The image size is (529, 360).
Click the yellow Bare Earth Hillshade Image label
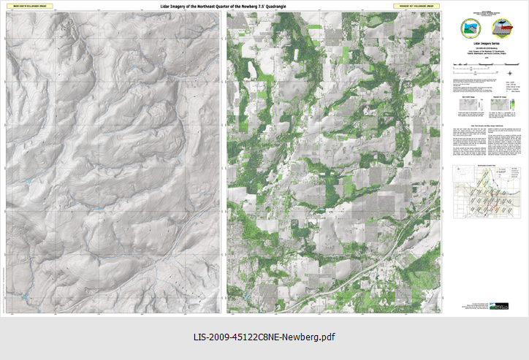click(x=26, y=6)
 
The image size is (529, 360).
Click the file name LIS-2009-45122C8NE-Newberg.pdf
click(x=264, y=337)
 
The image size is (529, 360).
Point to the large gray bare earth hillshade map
click(x=114, y=161)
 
